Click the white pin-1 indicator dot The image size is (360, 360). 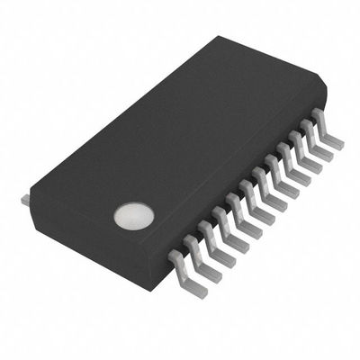(133, 214)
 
